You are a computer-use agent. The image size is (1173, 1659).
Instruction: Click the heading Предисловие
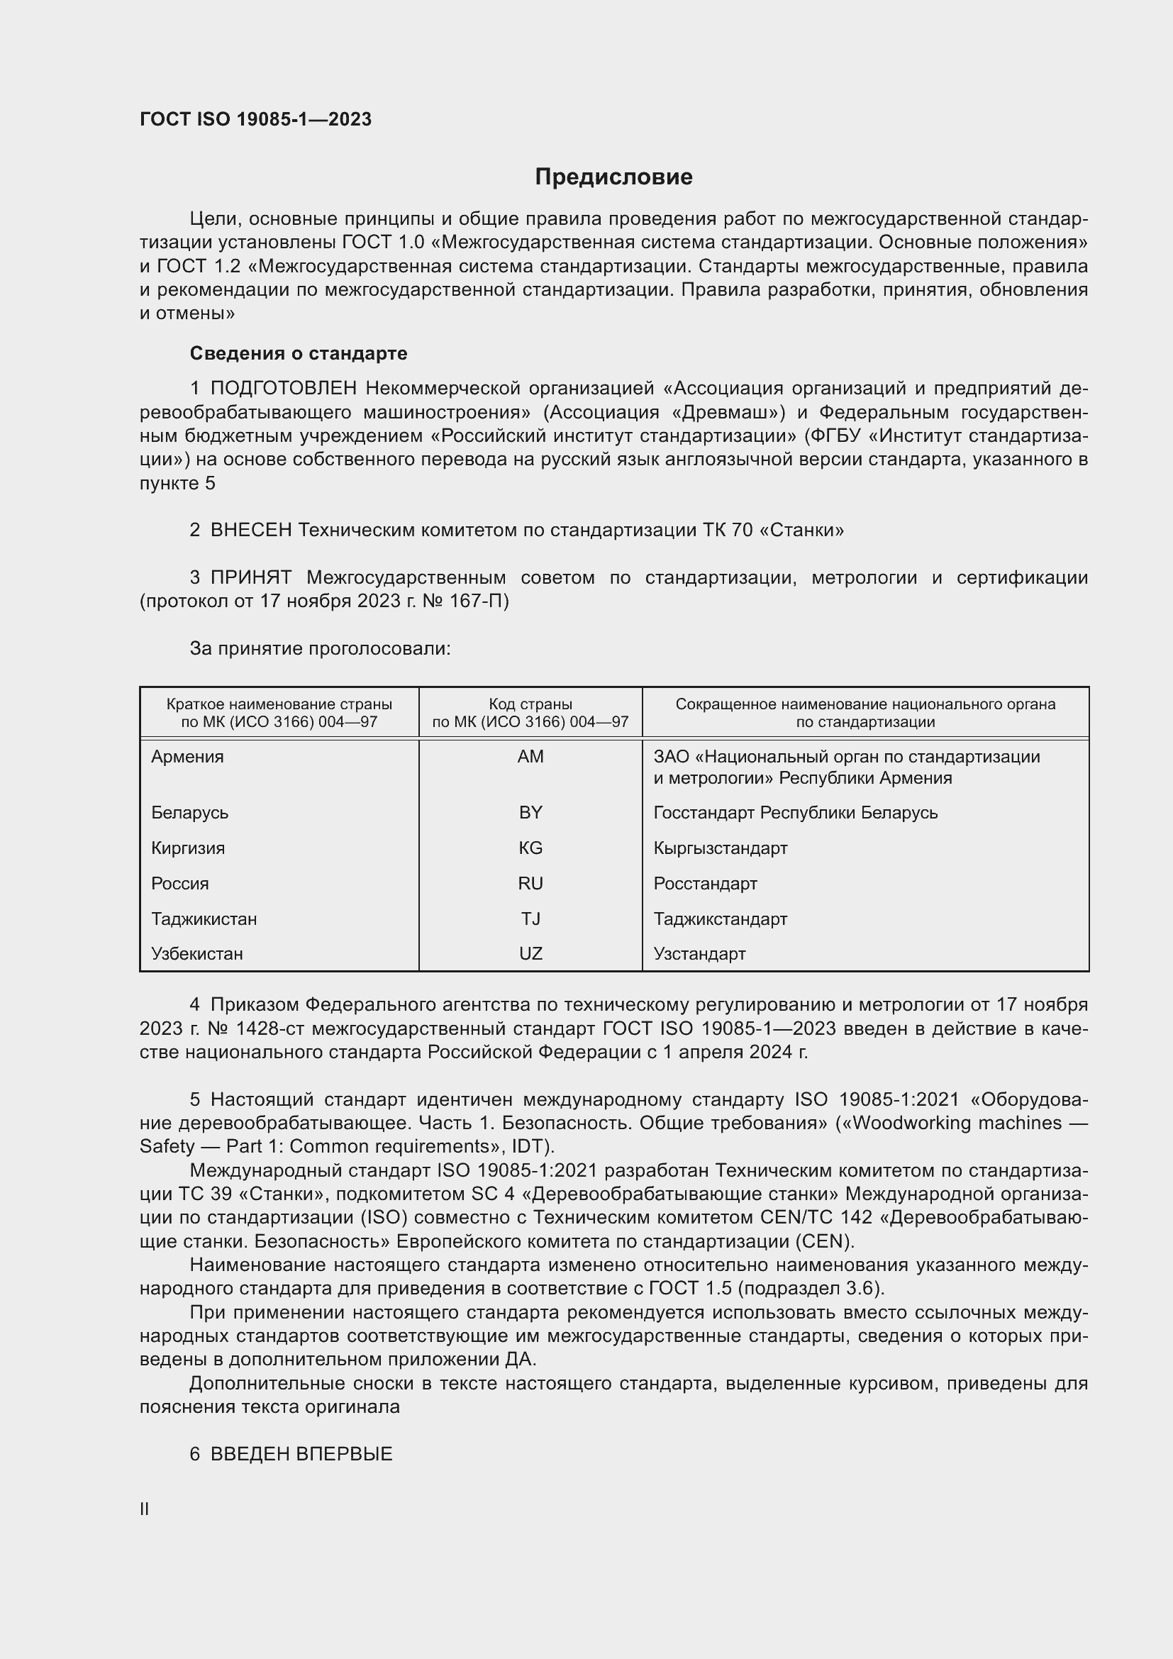[613, 177]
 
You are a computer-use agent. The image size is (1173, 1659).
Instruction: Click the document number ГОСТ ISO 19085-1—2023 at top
[256, 119]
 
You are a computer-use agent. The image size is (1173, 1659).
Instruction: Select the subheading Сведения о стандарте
[299, 353]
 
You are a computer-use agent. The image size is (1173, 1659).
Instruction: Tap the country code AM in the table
[530, 757]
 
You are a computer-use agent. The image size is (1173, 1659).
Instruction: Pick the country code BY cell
[530, 812]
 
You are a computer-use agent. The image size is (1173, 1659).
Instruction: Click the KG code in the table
[530, 848]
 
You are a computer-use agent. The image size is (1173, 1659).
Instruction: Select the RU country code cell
[530, 883]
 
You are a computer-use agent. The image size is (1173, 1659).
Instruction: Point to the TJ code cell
[530, 919]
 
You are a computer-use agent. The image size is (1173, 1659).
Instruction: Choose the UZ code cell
[530, 953]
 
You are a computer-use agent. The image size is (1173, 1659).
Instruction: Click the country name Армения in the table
[188, 757]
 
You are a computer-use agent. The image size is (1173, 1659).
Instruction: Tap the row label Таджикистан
[204, 919]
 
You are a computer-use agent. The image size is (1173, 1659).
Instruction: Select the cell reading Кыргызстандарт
[720, 848]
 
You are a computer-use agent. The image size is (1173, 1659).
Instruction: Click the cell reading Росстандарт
[705, 883]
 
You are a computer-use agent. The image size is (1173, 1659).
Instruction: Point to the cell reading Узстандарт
[699, 953]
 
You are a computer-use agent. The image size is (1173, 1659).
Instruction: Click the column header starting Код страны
[530, 712]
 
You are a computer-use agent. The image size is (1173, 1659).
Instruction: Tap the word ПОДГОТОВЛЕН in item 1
[283, 389]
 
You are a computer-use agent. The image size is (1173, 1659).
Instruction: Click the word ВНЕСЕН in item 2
[250, 531]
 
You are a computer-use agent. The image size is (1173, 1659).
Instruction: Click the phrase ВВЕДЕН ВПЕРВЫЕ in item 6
[301, 1454]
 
